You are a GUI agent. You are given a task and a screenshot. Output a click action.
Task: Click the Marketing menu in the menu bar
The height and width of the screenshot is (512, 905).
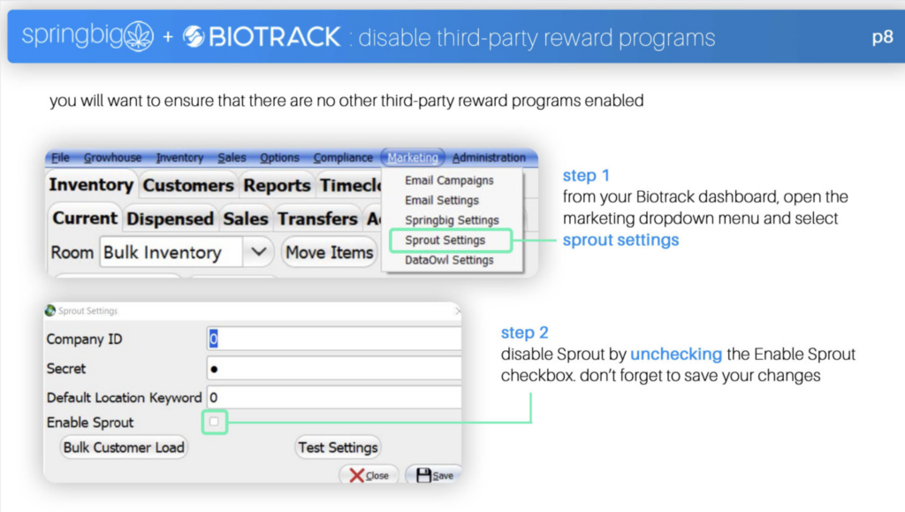click(413, 157)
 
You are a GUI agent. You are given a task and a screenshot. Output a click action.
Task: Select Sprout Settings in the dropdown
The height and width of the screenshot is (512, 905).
click(445, 241)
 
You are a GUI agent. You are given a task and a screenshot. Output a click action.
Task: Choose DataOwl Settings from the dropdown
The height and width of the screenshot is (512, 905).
click(449, 260)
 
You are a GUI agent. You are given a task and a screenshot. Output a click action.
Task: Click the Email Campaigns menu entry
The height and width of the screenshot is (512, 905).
click(449, 180)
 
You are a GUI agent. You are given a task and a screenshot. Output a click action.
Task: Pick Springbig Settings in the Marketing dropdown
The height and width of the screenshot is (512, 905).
click(452, 220)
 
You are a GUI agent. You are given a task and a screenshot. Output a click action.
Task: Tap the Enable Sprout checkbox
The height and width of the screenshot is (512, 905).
click(214, 422)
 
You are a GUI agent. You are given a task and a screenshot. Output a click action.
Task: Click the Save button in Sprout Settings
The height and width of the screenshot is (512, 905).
click(435, 475)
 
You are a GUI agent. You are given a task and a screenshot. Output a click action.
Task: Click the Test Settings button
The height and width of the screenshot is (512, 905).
click(338, 447)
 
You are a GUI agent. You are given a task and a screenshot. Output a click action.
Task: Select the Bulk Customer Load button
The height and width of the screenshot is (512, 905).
click(124, 447)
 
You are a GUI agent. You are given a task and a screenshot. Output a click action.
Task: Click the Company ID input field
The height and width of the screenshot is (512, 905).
click(333, 339)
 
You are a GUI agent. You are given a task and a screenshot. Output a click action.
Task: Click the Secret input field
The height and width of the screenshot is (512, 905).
click(333, 368)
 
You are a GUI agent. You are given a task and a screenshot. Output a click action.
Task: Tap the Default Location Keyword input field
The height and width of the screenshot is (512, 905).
click(333, 398)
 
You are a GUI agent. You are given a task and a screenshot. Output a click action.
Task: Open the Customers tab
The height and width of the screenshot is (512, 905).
click(188, 186)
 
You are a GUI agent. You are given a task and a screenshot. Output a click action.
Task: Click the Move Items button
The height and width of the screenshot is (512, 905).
click(329, 252)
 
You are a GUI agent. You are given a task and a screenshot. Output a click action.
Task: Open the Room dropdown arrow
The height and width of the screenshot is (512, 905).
click(259, 252)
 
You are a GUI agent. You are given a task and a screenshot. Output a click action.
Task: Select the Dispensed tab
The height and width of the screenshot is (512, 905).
click(170, 218)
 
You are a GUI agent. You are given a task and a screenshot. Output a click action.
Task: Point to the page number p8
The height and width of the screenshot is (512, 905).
click(882, 37)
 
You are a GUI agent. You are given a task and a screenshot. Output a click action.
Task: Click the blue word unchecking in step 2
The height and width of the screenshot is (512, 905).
click(676, 354)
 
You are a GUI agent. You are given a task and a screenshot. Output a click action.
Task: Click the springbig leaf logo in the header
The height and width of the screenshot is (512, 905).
click(139, 35)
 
